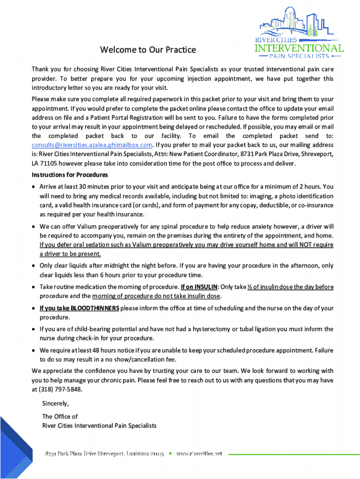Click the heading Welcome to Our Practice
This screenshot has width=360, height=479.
tap(148, 50)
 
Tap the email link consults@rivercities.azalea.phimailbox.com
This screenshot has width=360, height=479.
tap(92, 145)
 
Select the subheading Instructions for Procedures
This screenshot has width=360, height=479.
tap(70, 174)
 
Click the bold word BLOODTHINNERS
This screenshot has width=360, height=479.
tap(94, 308)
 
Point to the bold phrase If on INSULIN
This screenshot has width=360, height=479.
tap(199, 287)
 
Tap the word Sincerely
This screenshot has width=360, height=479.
tap(55, 403)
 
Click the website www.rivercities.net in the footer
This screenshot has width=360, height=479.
tap(199, 454)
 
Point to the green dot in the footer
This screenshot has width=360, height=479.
tap(170, 453)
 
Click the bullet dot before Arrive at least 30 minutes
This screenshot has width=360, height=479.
tap(34, 187)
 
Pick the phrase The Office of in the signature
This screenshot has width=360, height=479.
tap(60, 416)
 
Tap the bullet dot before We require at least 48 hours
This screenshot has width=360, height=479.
tap(34, 350)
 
